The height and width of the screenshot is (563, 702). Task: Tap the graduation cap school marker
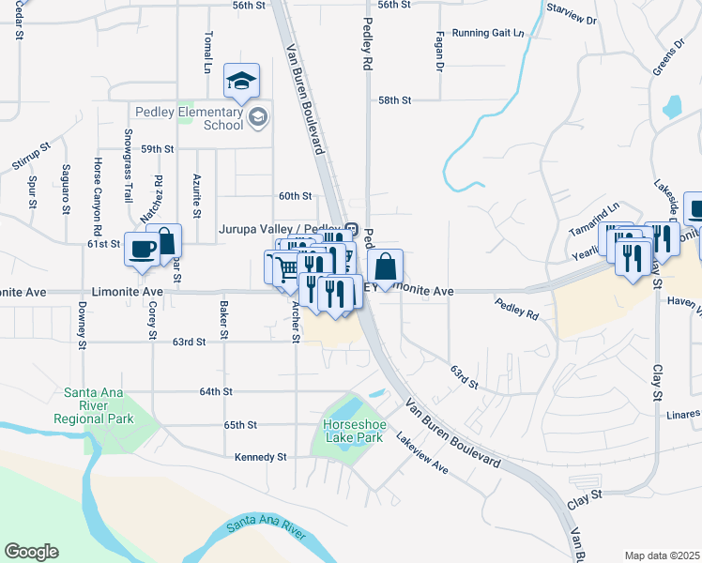pos(241,83)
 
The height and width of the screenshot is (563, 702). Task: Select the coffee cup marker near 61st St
pos(142,249)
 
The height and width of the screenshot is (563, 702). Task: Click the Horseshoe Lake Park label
pos(353,431)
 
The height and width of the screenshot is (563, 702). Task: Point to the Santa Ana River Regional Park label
pos(93,405)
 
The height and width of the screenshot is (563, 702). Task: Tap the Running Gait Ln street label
pos(488,33)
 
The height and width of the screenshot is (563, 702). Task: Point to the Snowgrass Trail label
pos(127,175)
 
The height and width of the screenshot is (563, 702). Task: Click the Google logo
pos(31,552)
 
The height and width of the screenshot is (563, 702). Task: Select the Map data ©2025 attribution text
pos(662,555)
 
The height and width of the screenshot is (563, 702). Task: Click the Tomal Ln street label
pos(207,53)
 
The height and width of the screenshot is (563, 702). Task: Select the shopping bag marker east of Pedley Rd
pos(385,264)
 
